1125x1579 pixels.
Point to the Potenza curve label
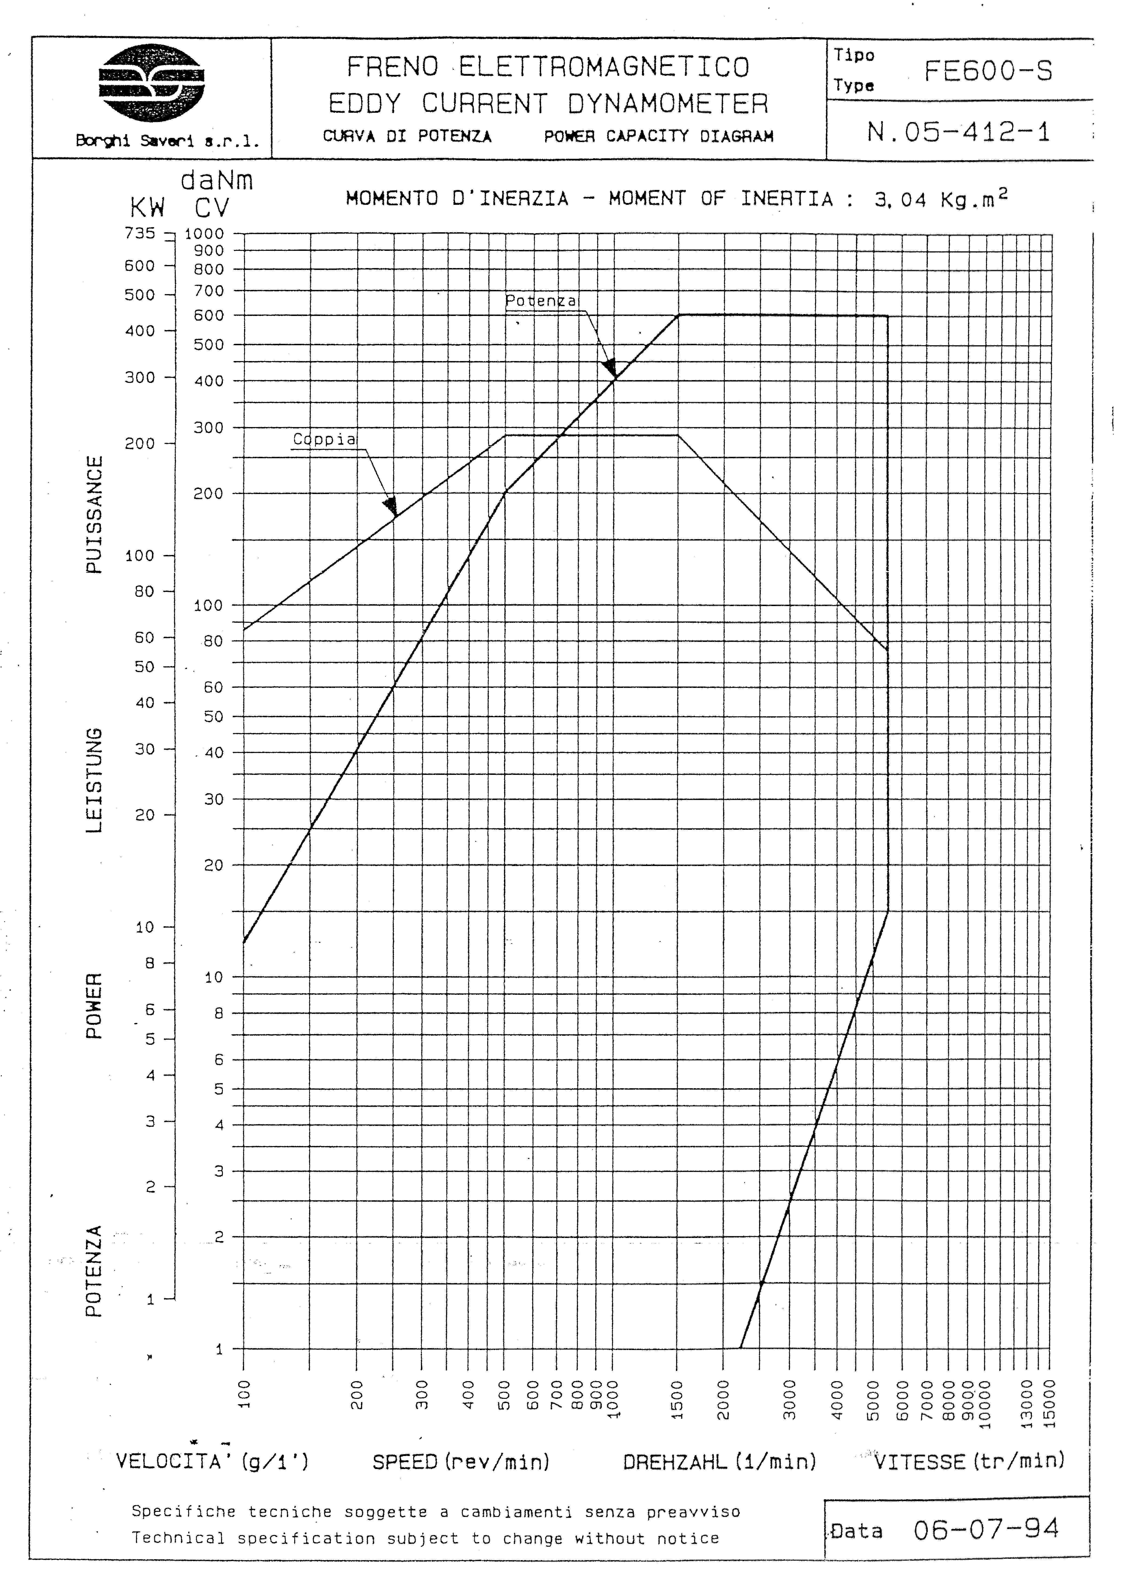540,301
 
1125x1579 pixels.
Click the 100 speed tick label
243,1394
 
